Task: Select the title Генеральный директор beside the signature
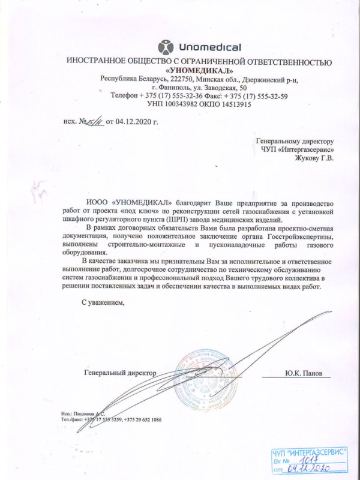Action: [x=119, y=373]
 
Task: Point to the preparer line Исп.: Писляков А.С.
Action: [x=83, y=414]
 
